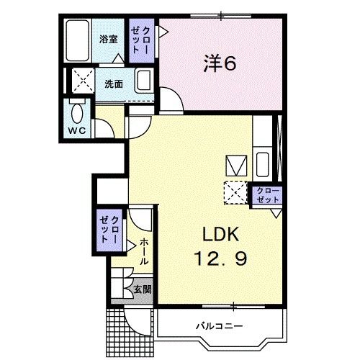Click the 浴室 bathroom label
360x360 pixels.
pos(109,40)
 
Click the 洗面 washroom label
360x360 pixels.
pos(113,84)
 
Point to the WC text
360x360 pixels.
pos(76,130)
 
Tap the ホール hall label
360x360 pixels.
pos(144,252)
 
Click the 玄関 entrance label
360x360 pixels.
pos(142,289)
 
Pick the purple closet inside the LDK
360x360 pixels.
pos(266,194)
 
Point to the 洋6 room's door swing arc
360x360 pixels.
pos(171,101)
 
